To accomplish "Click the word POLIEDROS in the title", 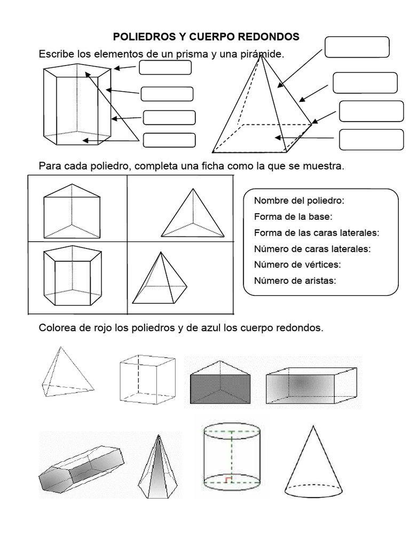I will (x=139, y=37).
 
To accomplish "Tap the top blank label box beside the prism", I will (x=165, y=68).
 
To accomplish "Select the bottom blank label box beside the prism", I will (x=169, y=140).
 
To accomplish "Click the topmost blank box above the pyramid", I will (x=357, y=47).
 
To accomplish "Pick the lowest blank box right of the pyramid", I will (x=371, y=140).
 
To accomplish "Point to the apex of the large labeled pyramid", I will (x=261, y=55).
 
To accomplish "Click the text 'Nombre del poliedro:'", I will (x=299, y=200).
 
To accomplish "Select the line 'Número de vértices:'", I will (x=297, y=264).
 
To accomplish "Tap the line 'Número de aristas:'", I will (x=295, y=281).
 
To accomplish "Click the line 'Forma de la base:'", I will (x=293, y=216).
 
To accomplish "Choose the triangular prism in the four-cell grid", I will (x=72, y=211).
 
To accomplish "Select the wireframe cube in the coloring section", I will (x=147, y=379).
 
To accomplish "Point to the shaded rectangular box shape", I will (x=311, y=386).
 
